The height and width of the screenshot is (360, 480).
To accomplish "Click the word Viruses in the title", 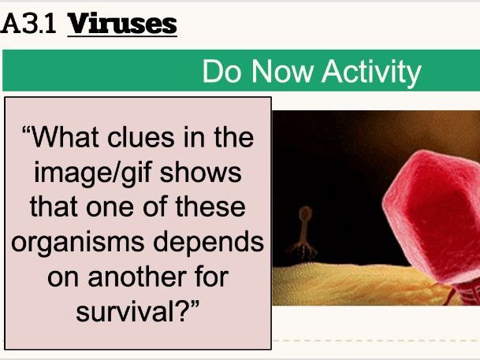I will (x=122, y=24).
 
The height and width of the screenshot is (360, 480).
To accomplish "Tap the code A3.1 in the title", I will (x=32, y=24).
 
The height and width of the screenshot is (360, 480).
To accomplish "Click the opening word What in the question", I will (x=68, y=138).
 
